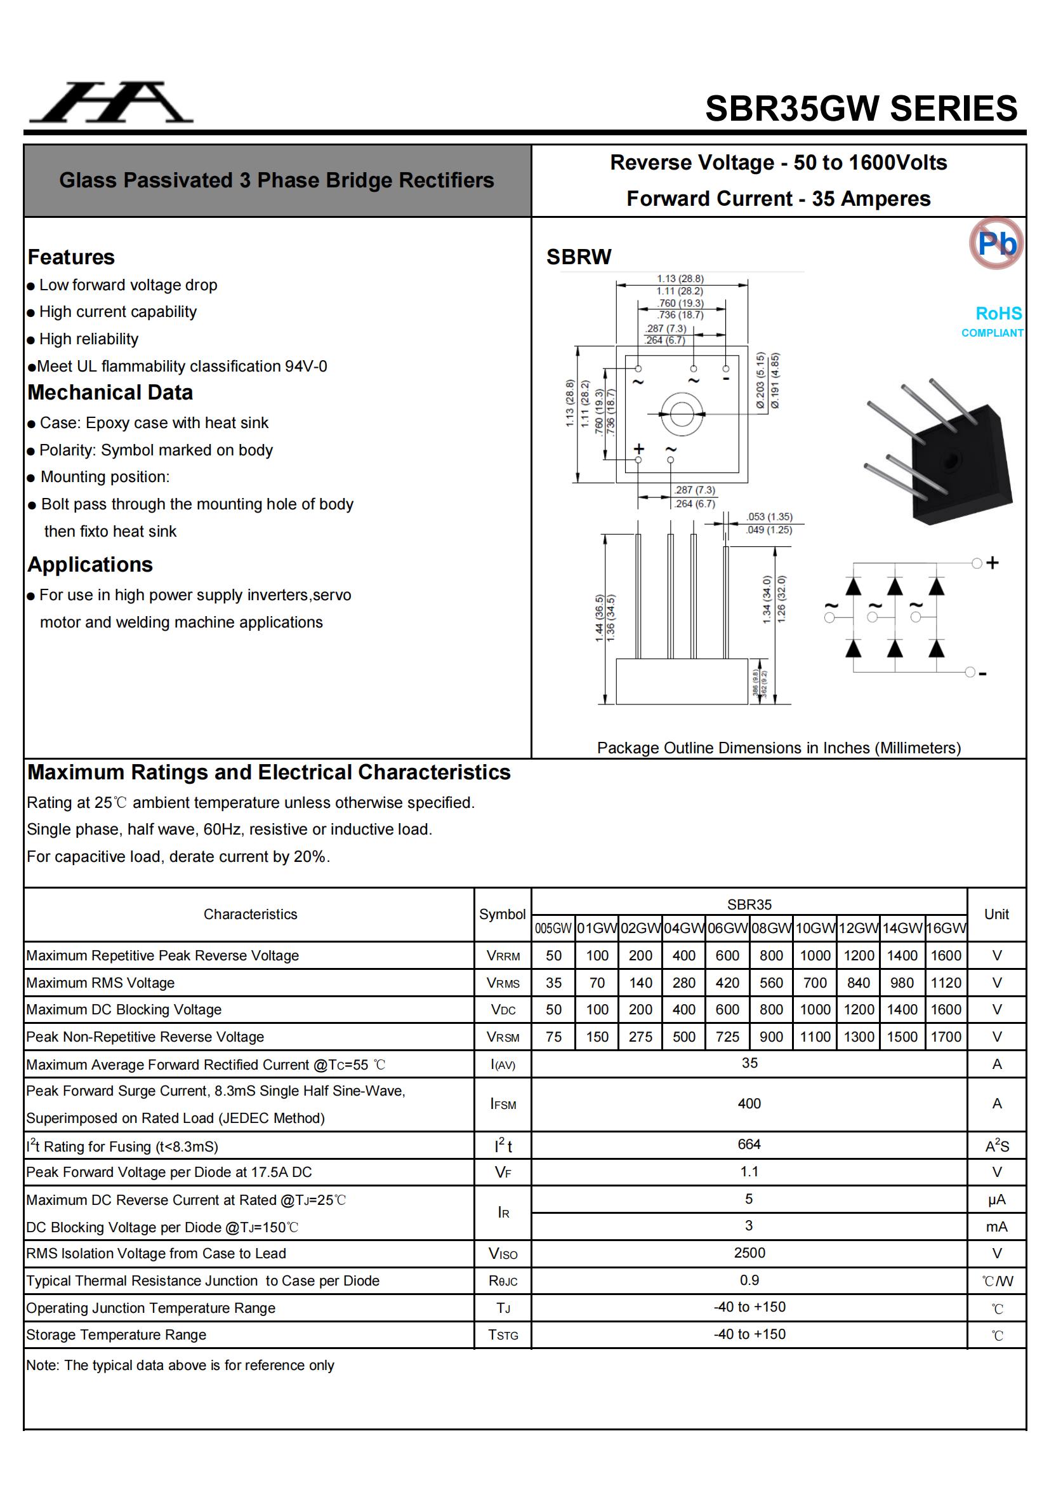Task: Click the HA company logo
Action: pyautogui.click(x=111, y=103)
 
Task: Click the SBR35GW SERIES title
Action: pyautogui.click(x=861, y=109)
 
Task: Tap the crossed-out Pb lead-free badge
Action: pyautogui.click(x=996, y=243)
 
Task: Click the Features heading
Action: pyautogui.click(x=71, y=257)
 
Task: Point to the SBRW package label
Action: pyautogui.click(x=579, y=257)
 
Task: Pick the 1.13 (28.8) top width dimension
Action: pyautogui.click(x=680, y=279)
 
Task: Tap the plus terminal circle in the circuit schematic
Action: pyautogui.click(x=977, y=563)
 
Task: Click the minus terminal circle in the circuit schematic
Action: pyautogui.click(x=970, y=672)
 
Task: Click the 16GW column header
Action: pyautogui.click(x=946, y=928)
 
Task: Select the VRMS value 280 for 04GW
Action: pyautogui.click(x=684, y=983)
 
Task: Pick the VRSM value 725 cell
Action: pyautogui.click(x=727, y=1037)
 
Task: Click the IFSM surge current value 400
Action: pyautogui.click(x=749, y=1103)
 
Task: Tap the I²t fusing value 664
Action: pyautogui.click(x=749, y=1144)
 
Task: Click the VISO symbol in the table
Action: pyautogui.click(x=503, y=1254)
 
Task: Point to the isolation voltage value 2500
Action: pyautogui.click(x=749, y=1253)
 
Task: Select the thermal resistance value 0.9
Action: pyautogui.click(x=749, y=1280)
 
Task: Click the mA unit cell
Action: pyautogui.click(x=996, y=1226)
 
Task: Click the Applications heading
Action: pyautogui.click(x=91, y=565)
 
